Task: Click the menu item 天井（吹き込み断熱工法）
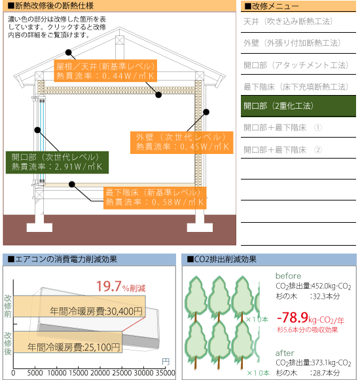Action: coord(288,22)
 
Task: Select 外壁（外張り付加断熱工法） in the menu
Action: coord(292,43)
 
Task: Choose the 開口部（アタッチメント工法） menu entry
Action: coord(296,65)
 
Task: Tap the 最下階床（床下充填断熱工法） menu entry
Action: coord(296,86)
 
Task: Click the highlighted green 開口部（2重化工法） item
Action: coord(298,106)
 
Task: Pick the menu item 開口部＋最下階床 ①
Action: coord(283,128)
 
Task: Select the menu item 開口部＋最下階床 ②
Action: coord(283,149)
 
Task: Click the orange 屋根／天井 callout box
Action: coord(105,71)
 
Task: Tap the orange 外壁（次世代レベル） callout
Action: coord(181,143)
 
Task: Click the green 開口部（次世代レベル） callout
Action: coord(57,162)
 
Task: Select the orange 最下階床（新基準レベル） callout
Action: coord(155,198)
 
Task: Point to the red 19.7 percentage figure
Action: coord(109,286)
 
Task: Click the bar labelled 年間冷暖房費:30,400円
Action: coord(79,306)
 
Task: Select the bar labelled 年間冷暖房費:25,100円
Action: coord(68,342)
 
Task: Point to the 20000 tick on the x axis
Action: coord(100,373)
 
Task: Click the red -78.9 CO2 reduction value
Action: coord(293,318)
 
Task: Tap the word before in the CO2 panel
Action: coord(289,276)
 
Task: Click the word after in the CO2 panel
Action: coord(285,353)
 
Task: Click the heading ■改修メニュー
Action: coord(272,7)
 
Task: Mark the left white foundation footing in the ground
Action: coord(39,223)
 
